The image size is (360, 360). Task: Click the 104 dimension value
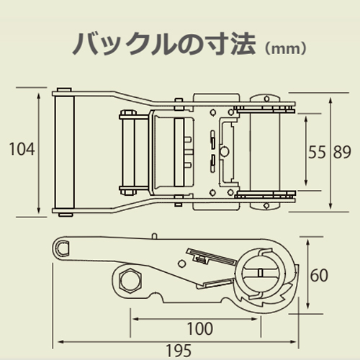22,149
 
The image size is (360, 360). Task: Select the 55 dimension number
317,152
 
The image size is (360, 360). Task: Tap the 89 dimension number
342,152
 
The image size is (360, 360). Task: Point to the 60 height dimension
319,275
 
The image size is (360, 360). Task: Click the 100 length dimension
200,328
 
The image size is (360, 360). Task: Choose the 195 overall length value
179,351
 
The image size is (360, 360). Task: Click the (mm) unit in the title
285,49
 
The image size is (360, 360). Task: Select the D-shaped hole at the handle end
63,248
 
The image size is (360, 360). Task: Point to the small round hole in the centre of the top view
225,151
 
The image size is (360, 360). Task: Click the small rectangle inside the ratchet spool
260,273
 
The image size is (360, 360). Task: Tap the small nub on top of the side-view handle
155,236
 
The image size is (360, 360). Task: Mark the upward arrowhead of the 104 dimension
39,96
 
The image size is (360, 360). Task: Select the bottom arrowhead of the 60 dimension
308,305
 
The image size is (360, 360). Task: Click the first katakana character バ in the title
85,45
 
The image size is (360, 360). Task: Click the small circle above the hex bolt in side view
182,264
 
